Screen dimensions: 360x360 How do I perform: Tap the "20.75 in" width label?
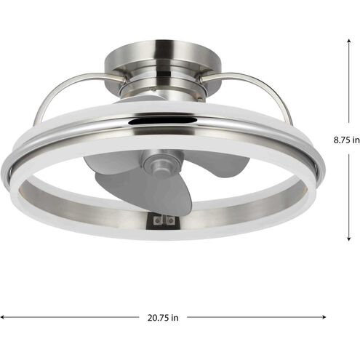(164, 318)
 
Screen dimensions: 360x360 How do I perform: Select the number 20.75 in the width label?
(159, 318)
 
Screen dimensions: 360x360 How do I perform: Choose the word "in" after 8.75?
(354, 139)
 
